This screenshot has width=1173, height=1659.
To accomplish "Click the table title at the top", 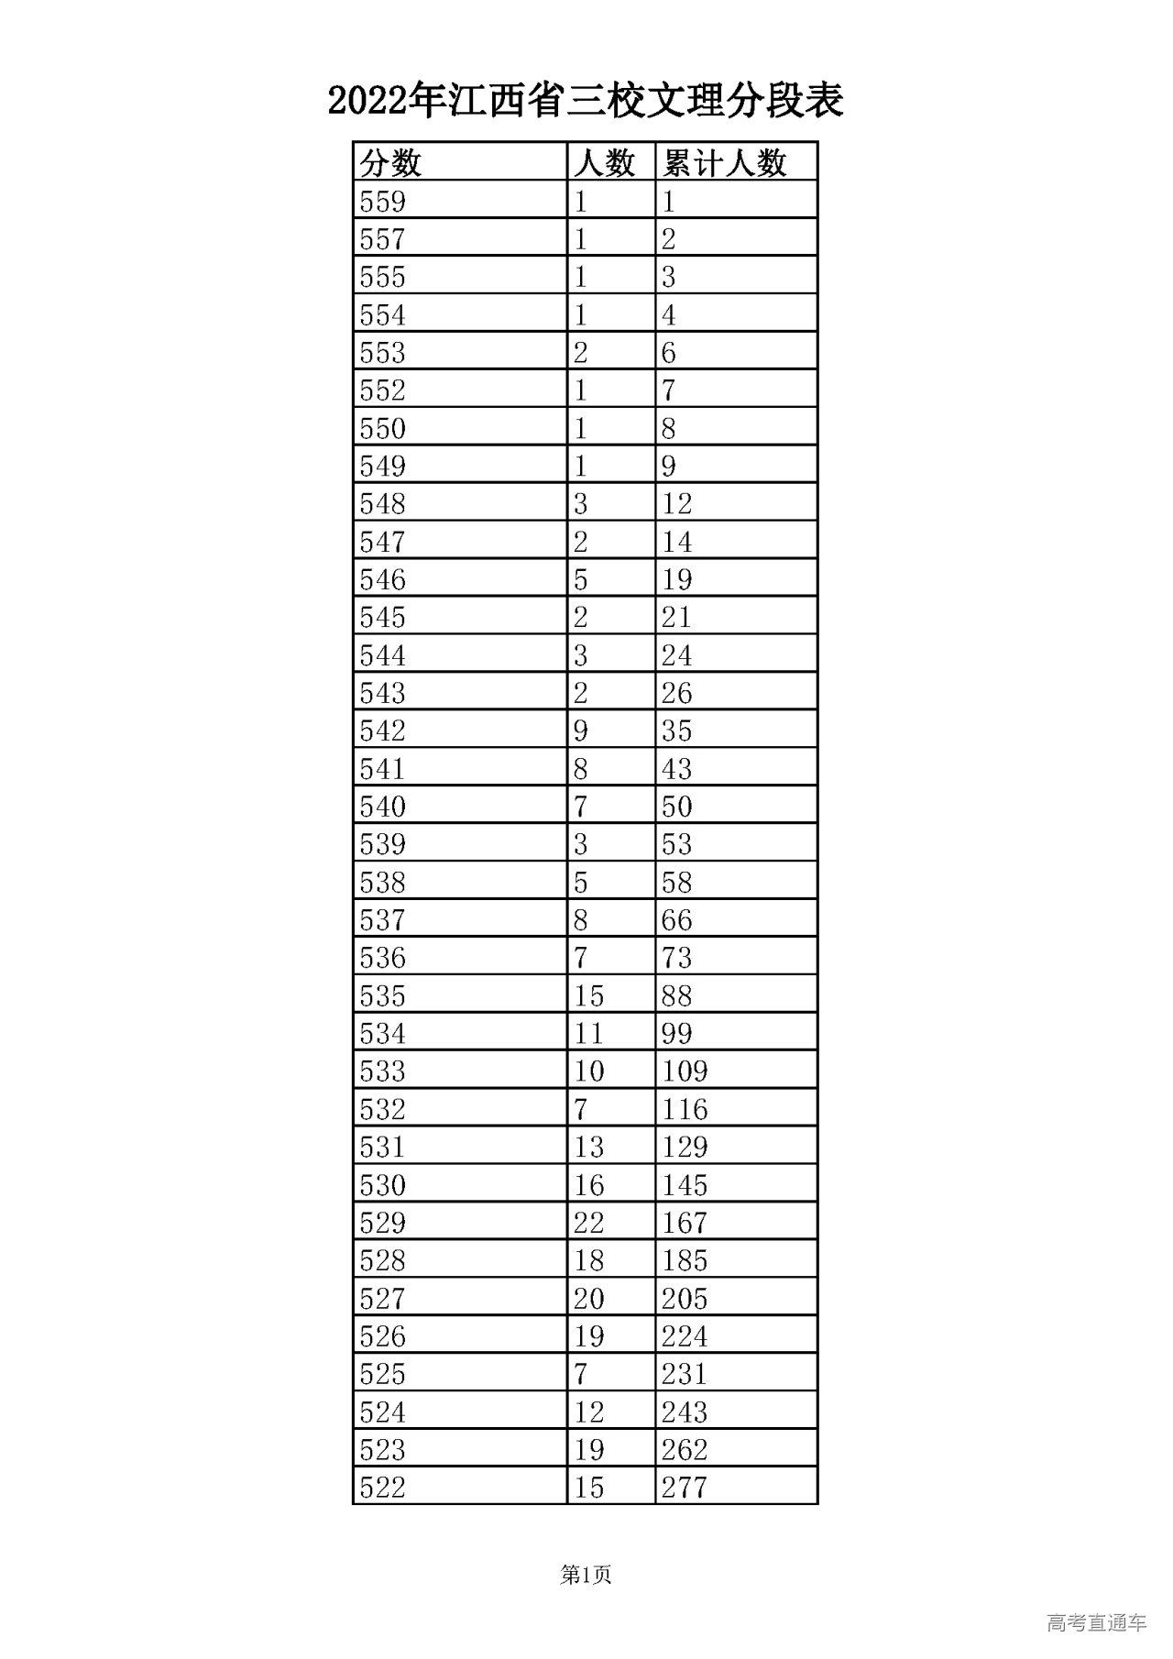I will coord(586,101).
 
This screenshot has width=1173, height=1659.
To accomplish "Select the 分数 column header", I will coord(390,163).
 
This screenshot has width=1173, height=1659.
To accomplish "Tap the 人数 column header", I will coord(605,163).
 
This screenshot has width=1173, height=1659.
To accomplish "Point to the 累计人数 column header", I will coord(725,163).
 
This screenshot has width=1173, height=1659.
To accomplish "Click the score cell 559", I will coord(382,202).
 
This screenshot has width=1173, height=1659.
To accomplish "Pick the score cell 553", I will coord(382,353).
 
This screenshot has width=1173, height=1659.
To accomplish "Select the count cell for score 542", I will coord(581,731).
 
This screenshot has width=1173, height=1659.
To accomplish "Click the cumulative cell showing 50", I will coord(677,807).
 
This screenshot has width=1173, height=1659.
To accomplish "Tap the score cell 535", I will coord(382,996).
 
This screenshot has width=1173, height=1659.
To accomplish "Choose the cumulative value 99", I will coord(677,1034).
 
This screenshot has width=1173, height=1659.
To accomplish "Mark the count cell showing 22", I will coord(589,1223).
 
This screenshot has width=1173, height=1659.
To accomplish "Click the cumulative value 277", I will coord(685,1488).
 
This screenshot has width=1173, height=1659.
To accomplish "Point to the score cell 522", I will coord(382,1488).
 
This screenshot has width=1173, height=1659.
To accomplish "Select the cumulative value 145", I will coord(685,1185).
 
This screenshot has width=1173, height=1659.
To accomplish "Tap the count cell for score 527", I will coord(589,1299).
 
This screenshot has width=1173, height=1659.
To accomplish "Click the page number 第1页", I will coord(586,1576).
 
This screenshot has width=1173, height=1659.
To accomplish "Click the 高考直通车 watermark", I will coord(1096,1623).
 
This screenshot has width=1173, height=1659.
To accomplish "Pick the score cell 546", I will coord(382,580).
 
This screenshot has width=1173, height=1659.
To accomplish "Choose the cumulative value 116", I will coord(685,1110).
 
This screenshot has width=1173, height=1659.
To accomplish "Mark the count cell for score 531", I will coord(589,1148).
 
